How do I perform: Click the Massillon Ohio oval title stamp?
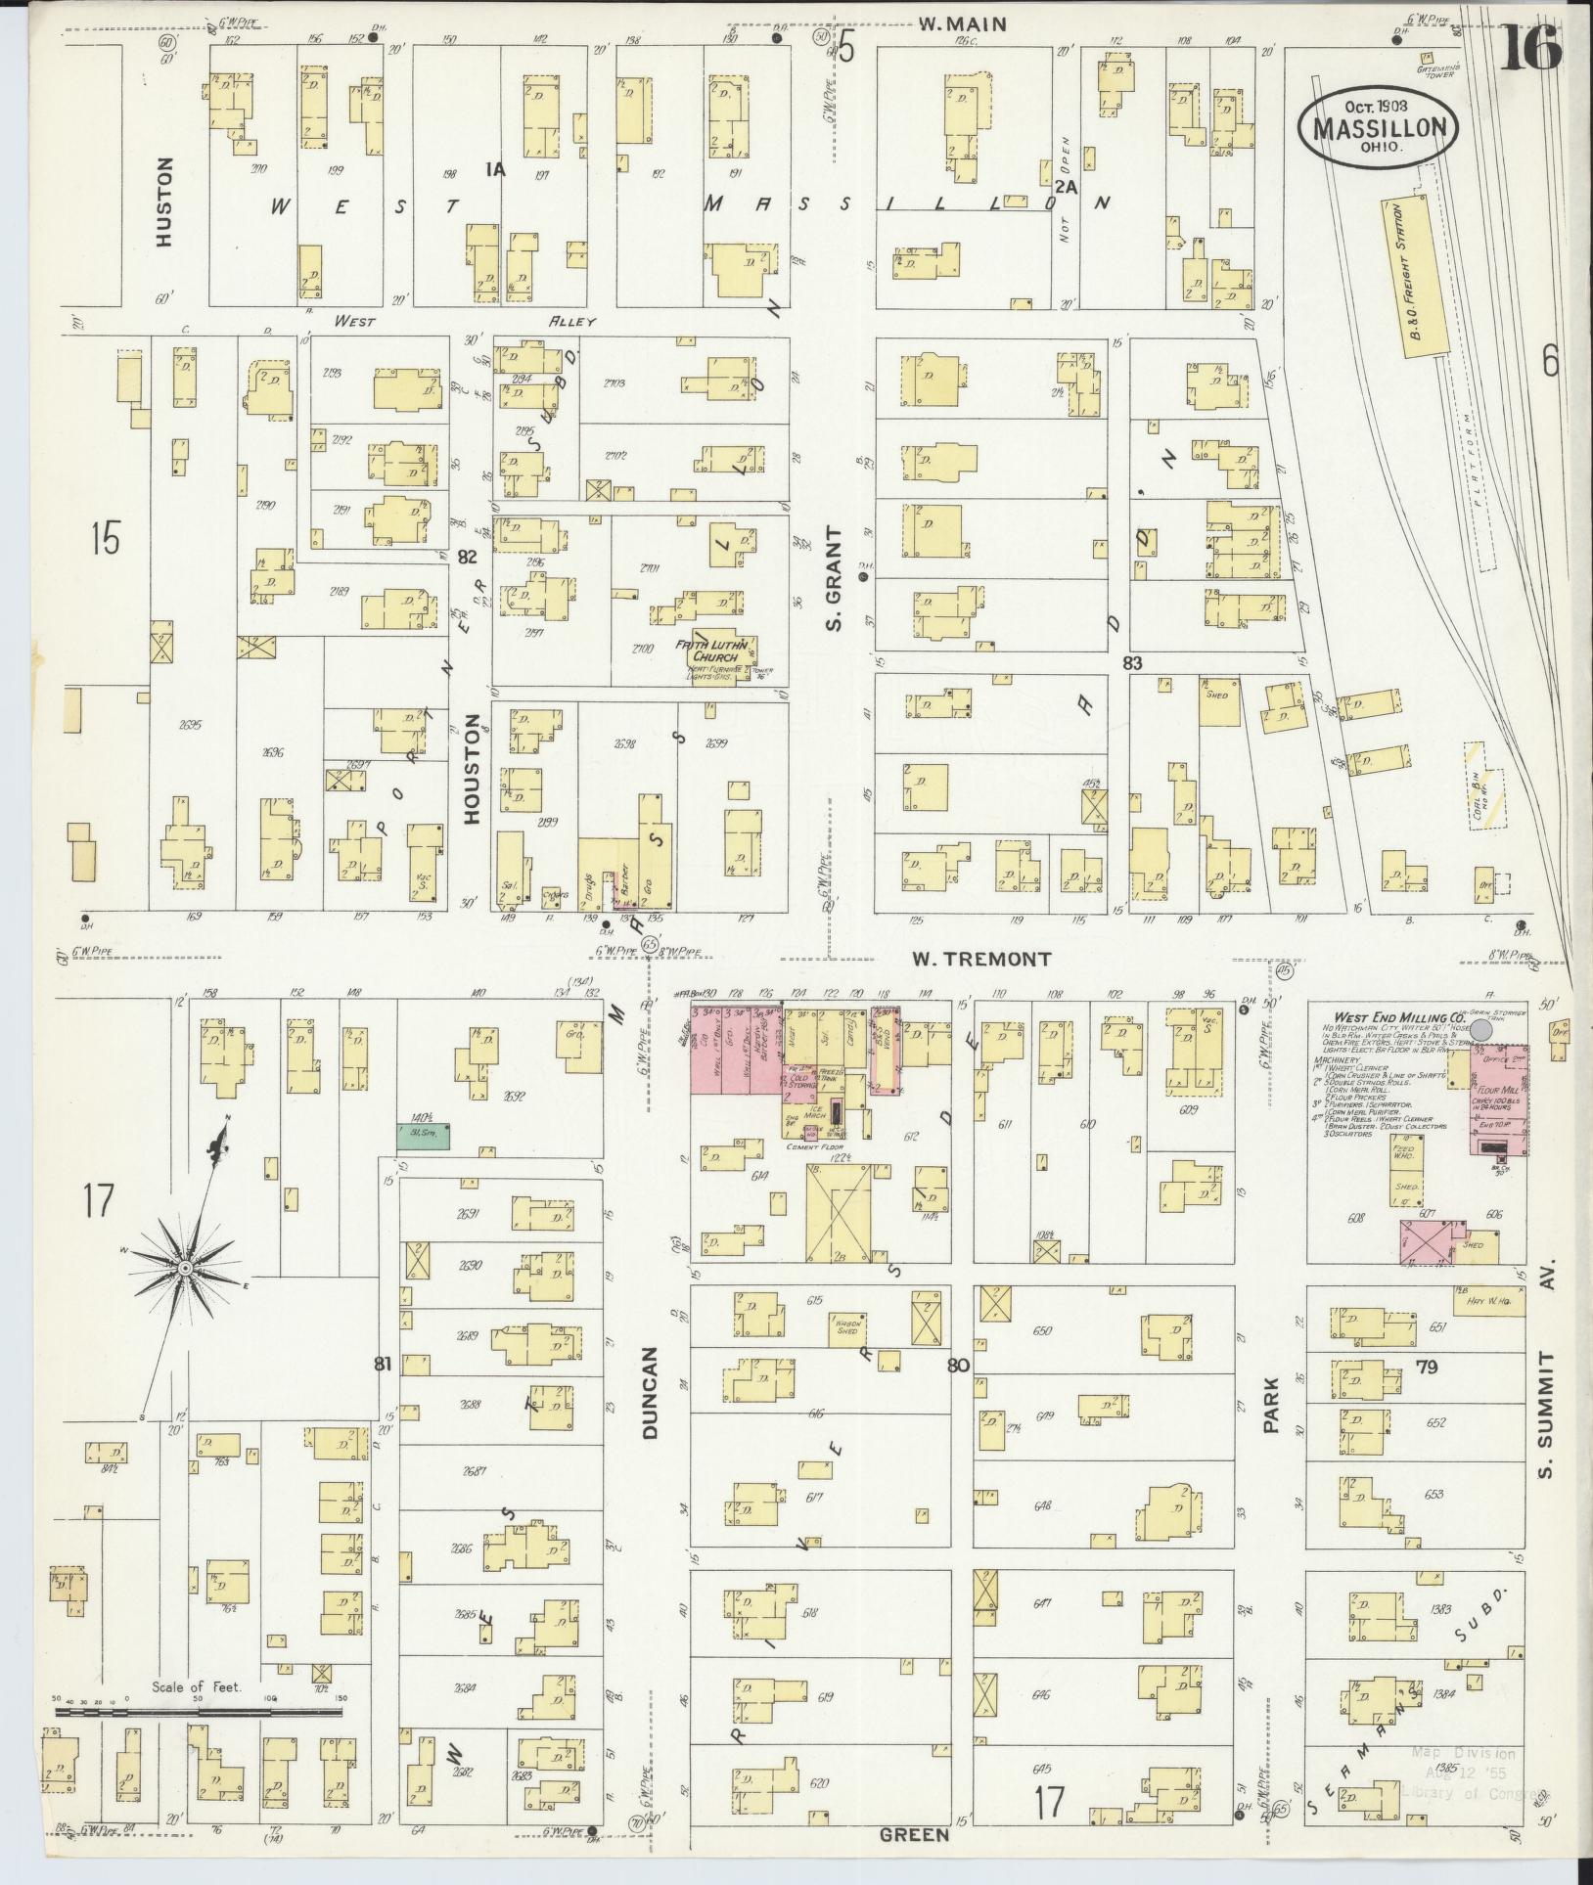pos(1378,126)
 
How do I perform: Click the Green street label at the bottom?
pos(915,1834)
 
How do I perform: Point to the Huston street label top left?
pos(163,201)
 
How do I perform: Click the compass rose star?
pos(184,1268)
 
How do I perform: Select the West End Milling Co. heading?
pos(1387,1018)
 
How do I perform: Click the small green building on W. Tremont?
pos(424,1136)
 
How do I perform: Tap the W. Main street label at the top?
pos(962,24)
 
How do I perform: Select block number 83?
pos(1132,662)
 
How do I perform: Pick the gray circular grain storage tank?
pos(1481,1031)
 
